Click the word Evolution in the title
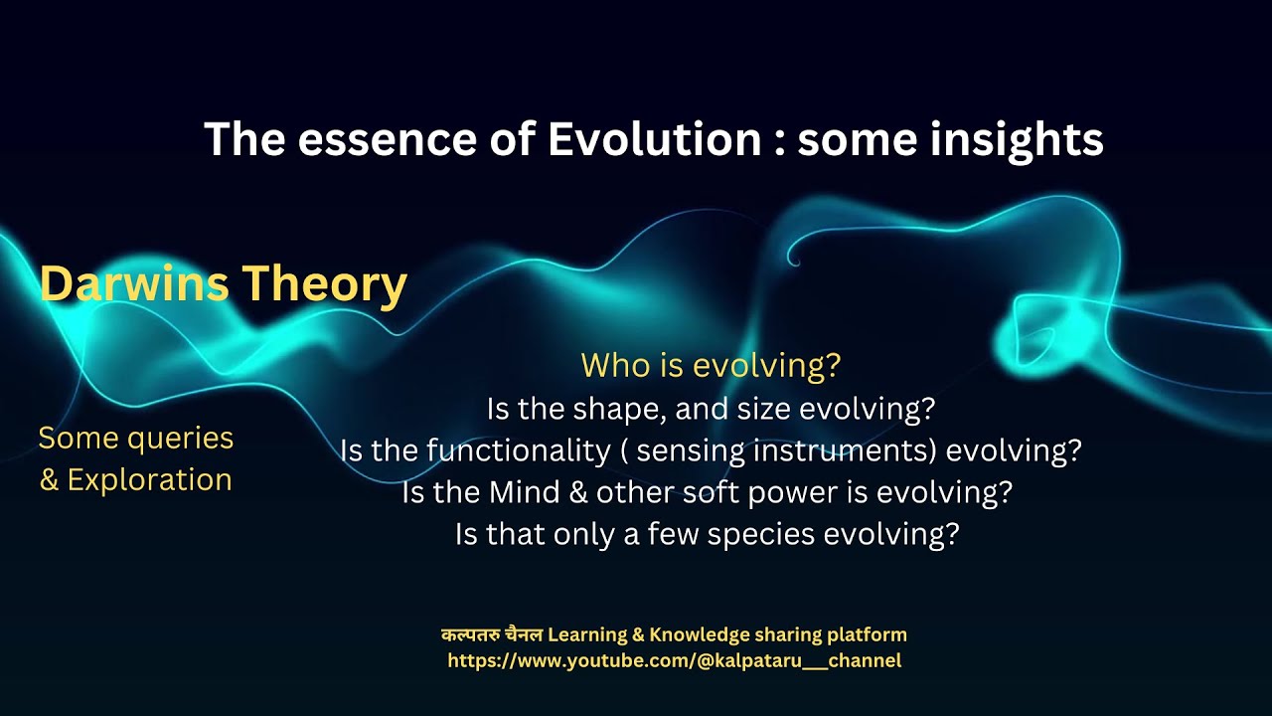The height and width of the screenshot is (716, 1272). (654, 140)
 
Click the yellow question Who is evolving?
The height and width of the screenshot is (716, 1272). (711, 366)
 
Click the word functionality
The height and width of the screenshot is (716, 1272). (518, 451)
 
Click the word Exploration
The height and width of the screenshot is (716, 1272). (149, 480)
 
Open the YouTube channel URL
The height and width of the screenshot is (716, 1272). (674, 660)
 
